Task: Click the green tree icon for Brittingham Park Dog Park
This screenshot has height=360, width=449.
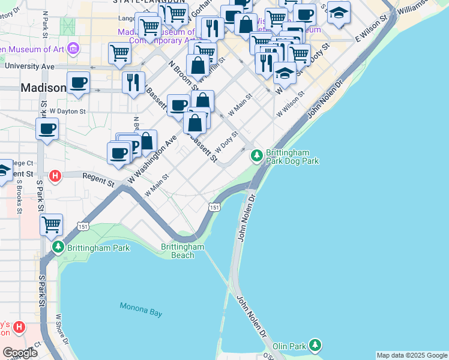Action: pyautogui.click(x=257, y=156)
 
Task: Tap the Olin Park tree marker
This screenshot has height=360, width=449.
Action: pyautogui.click(x=315, y=345)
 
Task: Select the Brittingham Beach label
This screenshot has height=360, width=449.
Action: pyautogui.click(x=183, y=251)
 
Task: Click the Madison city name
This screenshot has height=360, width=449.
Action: pyautogui.click(x=43, y=88)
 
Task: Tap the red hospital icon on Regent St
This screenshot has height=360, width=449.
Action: pyautogui.click(x=55, y=176)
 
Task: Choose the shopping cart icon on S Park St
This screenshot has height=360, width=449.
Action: pyautogui.click(x=52, y=224)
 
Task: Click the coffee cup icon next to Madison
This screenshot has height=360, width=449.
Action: pyautogui.click(x=78, y=82)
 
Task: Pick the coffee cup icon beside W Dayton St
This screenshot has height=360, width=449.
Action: pyautogui.click(x=47, y=128)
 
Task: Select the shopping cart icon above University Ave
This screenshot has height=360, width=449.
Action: pyautogui.click(x=119, y=52)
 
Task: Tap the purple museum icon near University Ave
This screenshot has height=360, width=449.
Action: pyautogui.click(x=73, y=47)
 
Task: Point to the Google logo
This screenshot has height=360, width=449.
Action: pyautogui.click(x=20, y=353)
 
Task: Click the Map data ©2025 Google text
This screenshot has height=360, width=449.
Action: pyautogui.click(x=412, y=355)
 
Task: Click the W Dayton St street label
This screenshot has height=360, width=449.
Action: pyautogui.click(x=67, y=111)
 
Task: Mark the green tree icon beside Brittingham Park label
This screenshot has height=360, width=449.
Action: pyautogui.click(x=58, y=247)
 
